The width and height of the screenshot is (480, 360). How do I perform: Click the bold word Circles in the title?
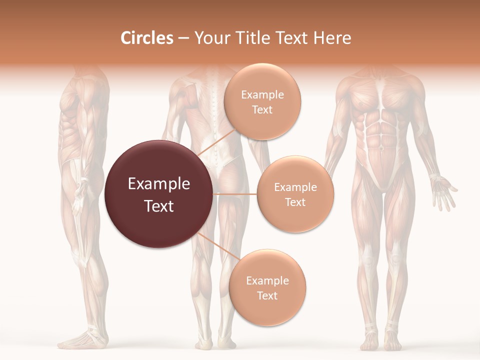pos(146,38)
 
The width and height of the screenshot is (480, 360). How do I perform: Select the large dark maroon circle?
pos(159,194)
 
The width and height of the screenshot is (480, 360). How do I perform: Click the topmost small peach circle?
pos(262,101)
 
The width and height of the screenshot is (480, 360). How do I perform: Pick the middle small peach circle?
pos(295,194)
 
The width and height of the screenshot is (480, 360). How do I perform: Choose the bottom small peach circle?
pos(267,287)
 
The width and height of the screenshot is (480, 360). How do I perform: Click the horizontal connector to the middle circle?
pos(235,193)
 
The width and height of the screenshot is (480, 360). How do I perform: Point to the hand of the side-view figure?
pos(78,200)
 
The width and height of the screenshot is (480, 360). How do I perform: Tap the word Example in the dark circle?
pos(159,184)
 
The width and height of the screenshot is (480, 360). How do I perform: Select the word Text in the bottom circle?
pos(267,295)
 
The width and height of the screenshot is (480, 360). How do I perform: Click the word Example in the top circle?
pos(262,94)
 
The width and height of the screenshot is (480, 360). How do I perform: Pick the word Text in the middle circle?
pos(295,202)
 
